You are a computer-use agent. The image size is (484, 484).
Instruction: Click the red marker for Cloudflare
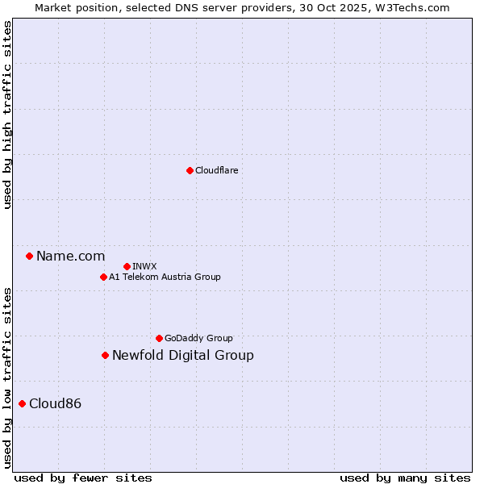pos(190,170)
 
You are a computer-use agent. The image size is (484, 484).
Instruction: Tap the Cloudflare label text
pos(216,170)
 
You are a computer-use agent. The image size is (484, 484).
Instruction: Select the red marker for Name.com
pos(29,256)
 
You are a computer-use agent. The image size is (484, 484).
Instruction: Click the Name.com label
pos(70,257)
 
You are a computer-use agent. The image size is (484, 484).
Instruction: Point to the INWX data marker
pos(127,266)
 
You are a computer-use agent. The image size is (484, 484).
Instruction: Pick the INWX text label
pos(144,266)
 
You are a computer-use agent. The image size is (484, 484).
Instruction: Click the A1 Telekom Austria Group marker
pos(103,277)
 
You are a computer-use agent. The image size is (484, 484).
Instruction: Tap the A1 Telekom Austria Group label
pos(165,277)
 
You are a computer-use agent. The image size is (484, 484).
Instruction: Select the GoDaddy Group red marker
pos(159,338)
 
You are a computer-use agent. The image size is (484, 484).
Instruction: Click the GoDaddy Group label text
pos(198,338)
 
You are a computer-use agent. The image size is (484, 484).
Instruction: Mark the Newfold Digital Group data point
pos(105,355)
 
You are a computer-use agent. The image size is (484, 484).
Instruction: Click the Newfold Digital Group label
pos(182,356)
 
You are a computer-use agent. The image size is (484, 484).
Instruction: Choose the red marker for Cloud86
pos(22,403)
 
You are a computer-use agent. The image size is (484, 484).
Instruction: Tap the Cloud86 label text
pos(55,404)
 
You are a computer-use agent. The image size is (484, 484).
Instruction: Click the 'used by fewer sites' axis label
pos(83,478)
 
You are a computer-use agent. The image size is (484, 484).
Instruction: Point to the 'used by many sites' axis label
pos(405,478)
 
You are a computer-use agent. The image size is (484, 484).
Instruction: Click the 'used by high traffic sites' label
pos(7,115)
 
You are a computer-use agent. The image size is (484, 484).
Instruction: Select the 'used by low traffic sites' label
pos(7,377)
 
